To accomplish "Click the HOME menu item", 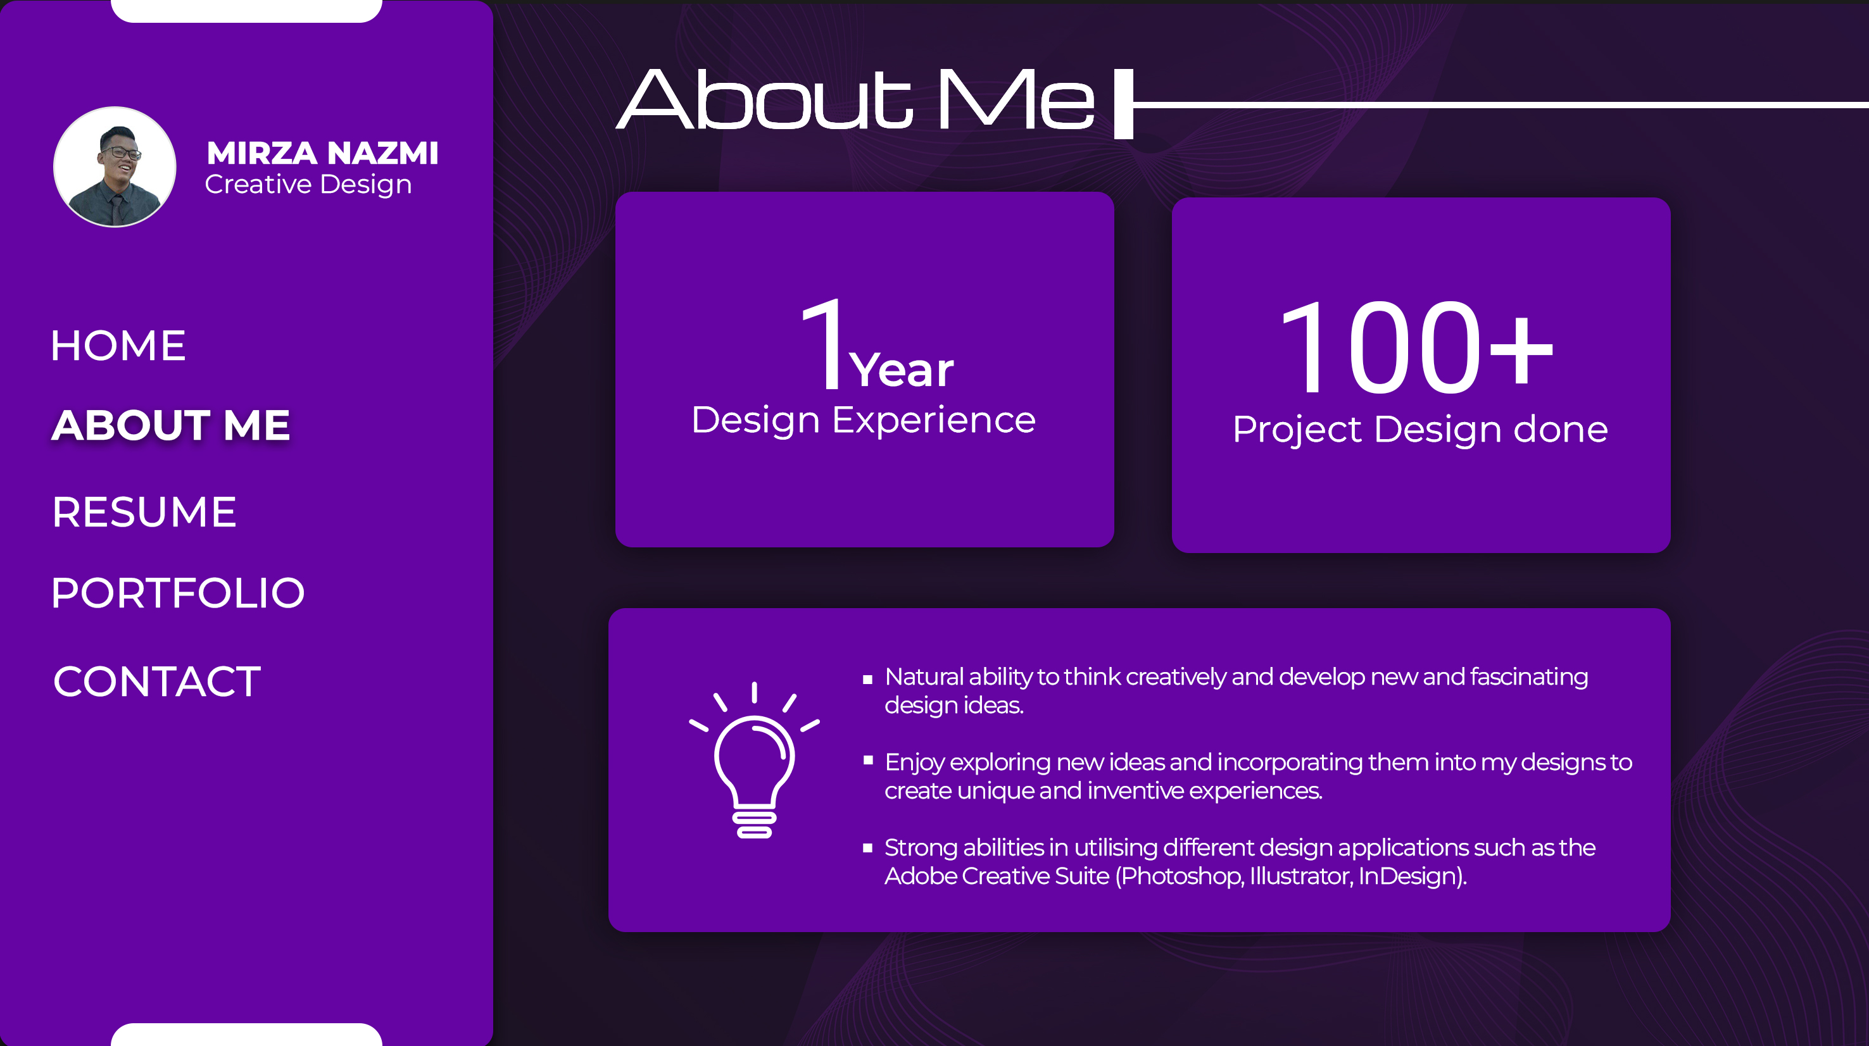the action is point(118,346).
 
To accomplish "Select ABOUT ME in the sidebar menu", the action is point(171,425).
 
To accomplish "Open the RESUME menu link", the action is point(144,512).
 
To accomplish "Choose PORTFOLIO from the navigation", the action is point(178,593).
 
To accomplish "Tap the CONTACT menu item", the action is point(157,682).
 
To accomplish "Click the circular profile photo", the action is point(115,167).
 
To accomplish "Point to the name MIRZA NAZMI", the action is point(322,153).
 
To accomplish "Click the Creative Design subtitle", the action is point(308,185).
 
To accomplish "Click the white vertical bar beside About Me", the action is point(1124,104).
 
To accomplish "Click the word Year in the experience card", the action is point(901,370).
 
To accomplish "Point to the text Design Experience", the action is point(864,421).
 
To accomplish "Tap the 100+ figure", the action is point(1416,347).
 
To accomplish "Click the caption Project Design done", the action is point(1421,430).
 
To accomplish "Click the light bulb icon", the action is point(754,760).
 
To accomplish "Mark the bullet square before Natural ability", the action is point(867,680).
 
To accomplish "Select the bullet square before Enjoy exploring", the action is point(867,760).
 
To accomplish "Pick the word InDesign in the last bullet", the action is point(1407,876).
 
